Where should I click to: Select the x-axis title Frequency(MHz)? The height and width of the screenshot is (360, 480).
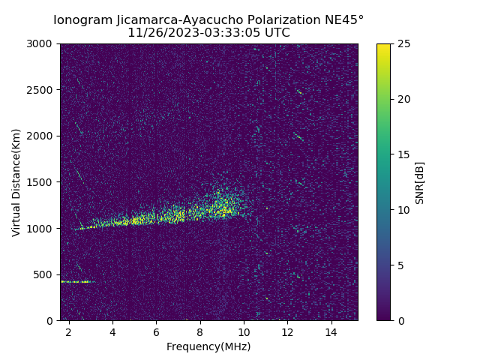pyautogui.click(x=208, y=346)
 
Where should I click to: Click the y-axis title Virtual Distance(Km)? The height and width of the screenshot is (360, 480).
pyautogui.click(x=16, y=182)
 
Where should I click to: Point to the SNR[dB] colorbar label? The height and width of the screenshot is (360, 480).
pyautogui.click(x=420, y=182)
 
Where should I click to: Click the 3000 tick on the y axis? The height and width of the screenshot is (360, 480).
pyautogui.click(x=42, y=43)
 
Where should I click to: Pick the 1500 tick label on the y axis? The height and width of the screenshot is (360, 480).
pyautogui.click(x=42, y=182)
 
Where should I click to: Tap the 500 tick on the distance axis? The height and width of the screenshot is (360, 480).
pyautogui.click(x=45, y=274)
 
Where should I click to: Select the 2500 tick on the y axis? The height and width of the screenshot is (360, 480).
pyautogui.click(x=42, y=90)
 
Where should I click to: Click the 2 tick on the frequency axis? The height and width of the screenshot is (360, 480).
pyautogui.click(x=69, y=331)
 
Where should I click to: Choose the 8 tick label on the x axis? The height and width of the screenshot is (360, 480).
pyautogui.click(x=200, y=331)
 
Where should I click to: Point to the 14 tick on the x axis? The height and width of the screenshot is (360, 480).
pyautogui.click(x=331, y=331)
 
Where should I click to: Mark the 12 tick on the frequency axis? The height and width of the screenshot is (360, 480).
pyautogui.click(x=287, y=331)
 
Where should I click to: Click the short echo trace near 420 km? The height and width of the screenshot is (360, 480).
pyautogui.click(x=76, y=282)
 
